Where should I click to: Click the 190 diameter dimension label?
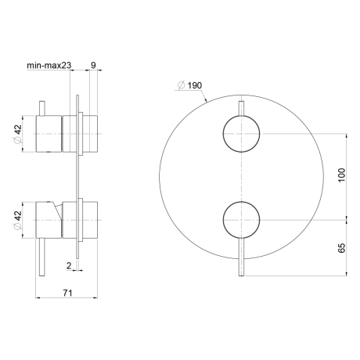point(189,85)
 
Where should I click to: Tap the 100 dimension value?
point(341,175)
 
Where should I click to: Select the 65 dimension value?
point(341,248)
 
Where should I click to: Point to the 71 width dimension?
point(67,293)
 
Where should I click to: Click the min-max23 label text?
point(49,65)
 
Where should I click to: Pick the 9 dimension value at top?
point(93,65)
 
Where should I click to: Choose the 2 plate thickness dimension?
point(69,266)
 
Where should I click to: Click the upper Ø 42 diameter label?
point(18,134)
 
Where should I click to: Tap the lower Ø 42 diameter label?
point(18,220)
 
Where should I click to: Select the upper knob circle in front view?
point(241,116)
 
